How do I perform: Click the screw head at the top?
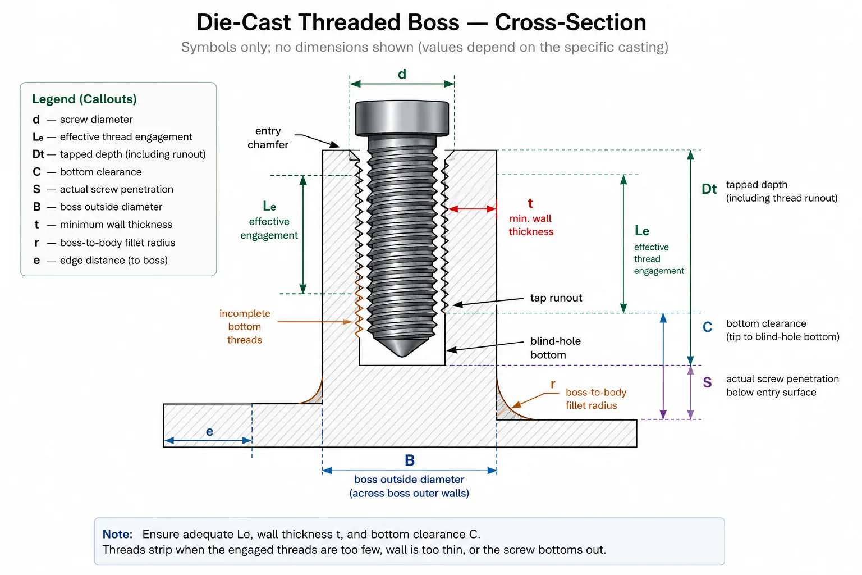coord(402,118)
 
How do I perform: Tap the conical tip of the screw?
coord(402,346)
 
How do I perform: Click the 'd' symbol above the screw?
coord(402,74)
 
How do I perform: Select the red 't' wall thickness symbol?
coord(530,203)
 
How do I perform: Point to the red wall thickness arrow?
coord(472,209)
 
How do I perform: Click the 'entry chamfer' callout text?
coord(268,138)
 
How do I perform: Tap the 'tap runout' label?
coord(556,298)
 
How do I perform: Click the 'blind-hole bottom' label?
coord(555,348)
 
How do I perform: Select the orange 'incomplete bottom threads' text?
coord(245,327)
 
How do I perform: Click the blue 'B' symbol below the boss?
coord(410,460)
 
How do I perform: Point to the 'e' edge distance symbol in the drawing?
coord(209,431)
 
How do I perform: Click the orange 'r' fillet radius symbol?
coord(553,384)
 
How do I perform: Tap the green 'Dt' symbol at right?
coord(709,189)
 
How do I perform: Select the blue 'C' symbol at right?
coord(707,327)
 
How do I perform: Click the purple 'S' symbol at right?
coord(707,382)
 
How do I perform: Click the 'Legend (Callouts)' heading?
coord(84,99)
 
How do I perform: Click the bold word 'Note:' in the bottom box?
coord(117,534)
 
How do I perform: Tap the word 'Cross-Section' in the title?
coord(570,22)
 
